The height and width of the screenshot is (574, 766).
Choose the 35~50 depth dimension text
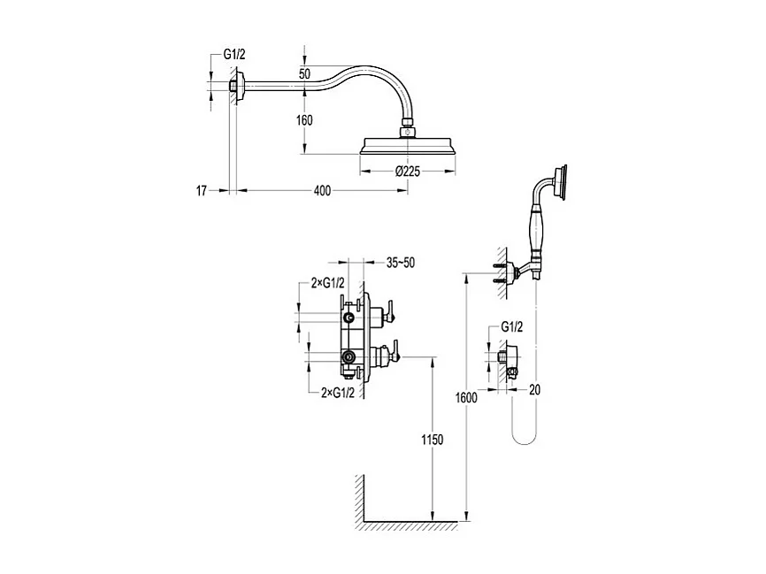click(402, 263)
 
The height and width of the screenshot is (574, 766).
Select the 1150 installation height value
click(432, 440)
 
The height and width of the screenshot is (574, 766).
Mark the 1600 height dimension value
click(468, 398)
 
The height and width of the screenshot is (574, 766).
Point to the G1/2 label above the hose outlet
click(512, 326)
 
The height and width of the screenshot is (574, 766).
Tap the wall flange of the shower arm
click(235, 87)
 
